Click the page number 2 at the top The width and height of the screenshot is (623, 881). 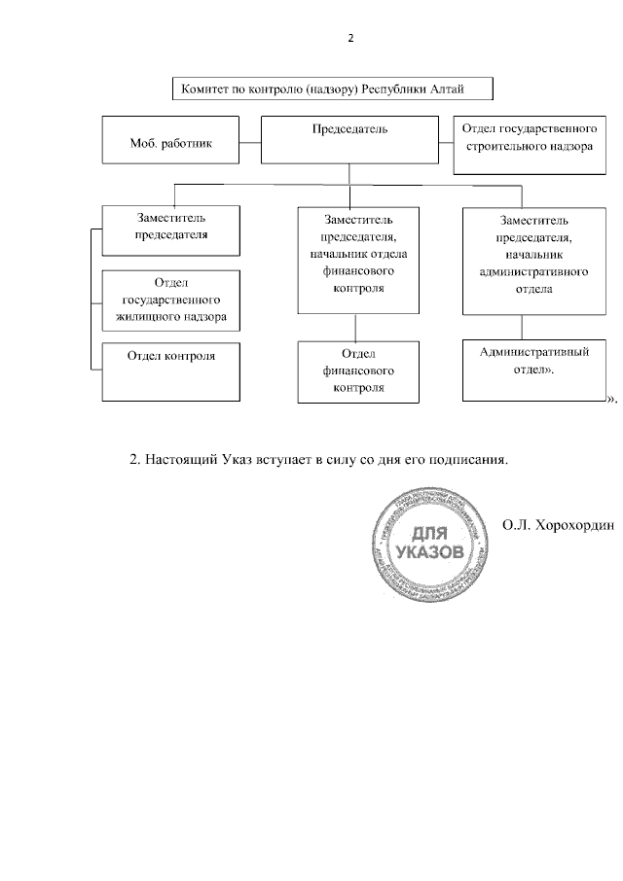pos(350,40)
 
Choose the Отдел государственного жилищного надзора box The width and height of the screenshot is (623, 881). pos(171,300)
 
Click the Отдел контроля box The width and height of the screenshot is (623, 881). pos(171,370)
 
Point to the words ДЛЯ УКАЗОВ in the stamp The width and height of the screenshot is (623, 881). pos(422,545)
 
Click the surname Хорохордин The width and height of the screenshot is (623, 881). pos(574,526)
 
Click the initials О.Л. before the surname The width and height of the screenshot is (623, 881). pos(517,526)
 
